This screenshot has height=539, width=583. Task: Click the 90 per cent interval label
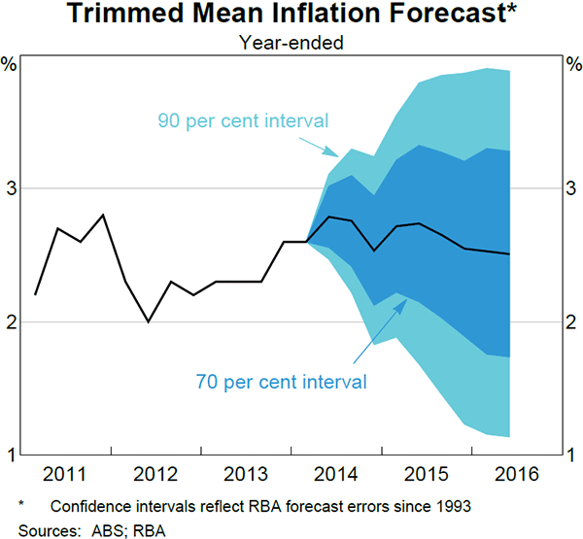tap(243, 121)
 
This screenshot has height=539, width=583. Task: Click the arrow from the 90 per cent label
tap(321, 147)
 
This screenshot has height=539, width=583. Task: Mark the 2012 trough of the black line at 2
tap(149, 321)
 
